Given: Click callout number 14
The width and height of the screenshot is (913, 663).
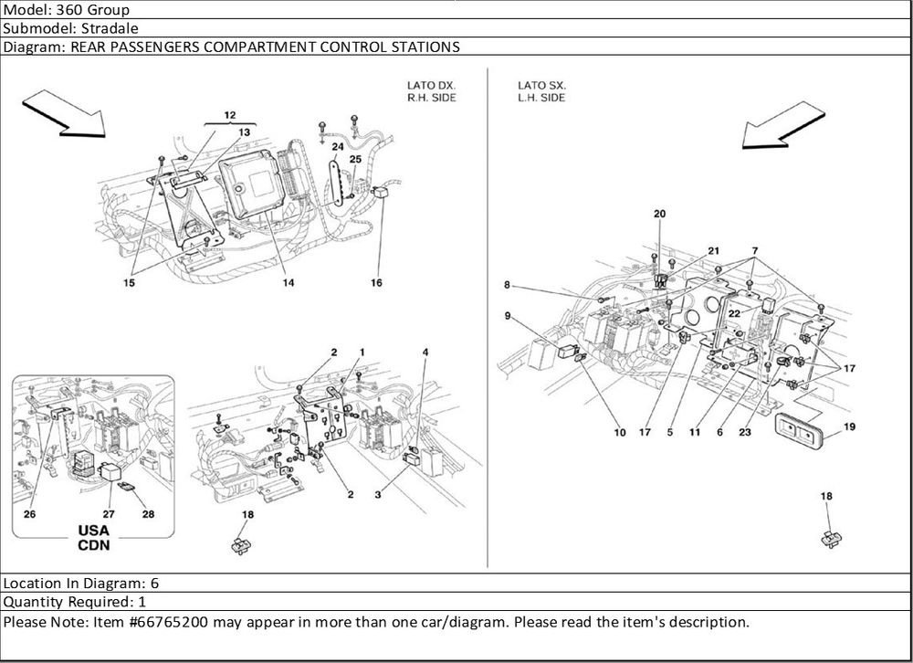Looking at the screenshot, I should point(288,283).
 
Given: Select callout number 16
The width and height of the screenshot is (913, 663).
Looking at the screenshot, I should point(375,283).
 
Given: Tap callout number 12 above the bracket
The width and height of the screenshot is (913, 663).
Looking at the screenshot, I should point(229,116).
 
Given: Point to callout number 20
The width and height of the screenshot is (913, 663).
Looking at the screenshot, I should point(659,214).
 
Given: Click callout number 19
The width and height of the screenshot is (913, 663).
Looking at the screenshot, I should point(848,426).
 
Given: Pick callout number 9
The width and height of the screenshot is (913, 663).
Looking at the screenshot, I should point(506,316).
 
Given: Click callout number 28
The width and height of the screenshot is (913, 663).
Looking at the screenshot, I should point(148,514).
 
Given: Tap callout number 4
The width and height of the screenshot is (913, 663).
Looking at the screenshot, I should point(425,352).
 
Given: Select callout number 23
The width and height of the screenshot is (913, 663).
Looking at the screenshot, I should point(745,433).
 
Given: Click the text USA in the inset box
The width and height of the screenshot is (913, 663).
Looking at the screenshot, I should point(92,531).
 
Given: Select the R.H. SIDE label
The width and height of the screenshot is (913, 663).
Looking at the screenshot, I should point(431,97).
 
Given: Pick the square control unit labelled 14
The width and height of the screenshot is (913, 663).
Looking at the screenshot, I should point(247,183).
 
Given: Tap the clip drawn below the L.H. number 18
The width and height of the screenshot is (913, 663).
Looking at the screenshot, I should point(829,537).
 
